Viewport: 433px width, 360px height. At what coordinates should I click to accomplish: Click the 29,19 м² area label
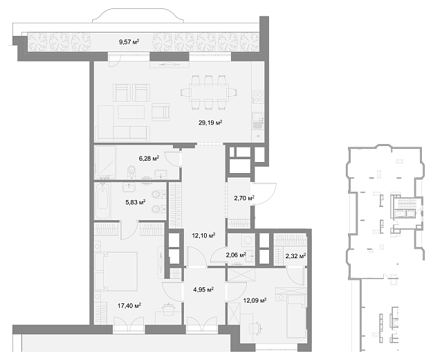pyautogui.click(x=210, y=123)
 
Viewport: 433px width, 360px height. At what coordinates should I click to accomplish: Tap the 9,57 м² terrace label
pyautogui.click(x=129, y=42)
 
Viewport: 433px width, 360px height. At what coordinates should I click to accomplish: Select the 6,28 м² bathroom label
pyautogui.click(x=149, y=159)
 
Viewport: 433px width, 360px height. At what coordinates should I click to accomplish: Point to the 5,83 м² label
pyautogui.click(x=136, y=202)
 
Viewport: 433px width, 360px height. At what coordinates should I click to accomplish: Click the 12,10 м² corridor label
pyautogui.click(x=203, y=235)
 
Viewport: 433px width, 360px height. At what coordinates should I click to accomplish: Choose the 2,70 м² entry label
pyautogui.click(x=244, y=198)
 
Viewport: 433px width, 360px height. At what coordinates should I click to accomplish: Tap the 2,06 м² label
pyautogui.click(x=236, y=255)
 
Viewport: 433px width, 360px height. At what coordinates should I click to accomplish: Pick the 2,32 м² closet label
pyautogui.click(x=295, y=256)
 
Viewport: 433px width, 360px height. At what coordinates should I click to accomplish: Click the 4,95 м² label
pyautogui.click(x=203, y=290)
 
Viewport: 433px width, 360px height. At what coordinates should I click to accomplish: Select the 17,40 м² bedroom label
pyautogui.click(x=129, y=305)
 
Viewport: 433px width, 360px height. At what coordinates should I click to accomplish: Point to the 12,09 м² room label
pyautogui.click(x=255, y=300)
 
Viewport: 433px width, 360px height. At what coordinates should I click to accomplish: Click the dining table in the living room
pyautogui.click(x=209, y=92)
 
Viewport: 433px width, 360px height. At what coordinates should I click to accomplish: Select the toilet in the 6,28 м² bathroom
pyautogui.click(x=131, y=170)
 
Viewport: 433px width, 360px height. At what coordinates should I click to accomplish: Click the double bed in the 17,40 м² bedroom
pyautogui.click(x=116, y=271)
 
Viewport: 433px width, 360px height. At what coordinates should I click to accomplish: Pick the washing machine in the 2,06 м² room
pyautogui.click(x=248, y=240)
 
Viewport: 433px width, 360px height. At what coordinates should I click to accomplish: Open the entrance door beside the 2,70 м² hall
pyautogui.click(x=264, y=194)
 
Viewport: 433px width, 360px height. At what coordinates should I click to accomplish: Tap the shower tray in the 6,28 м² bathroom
pyautogui.click(x=105, y=162)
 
